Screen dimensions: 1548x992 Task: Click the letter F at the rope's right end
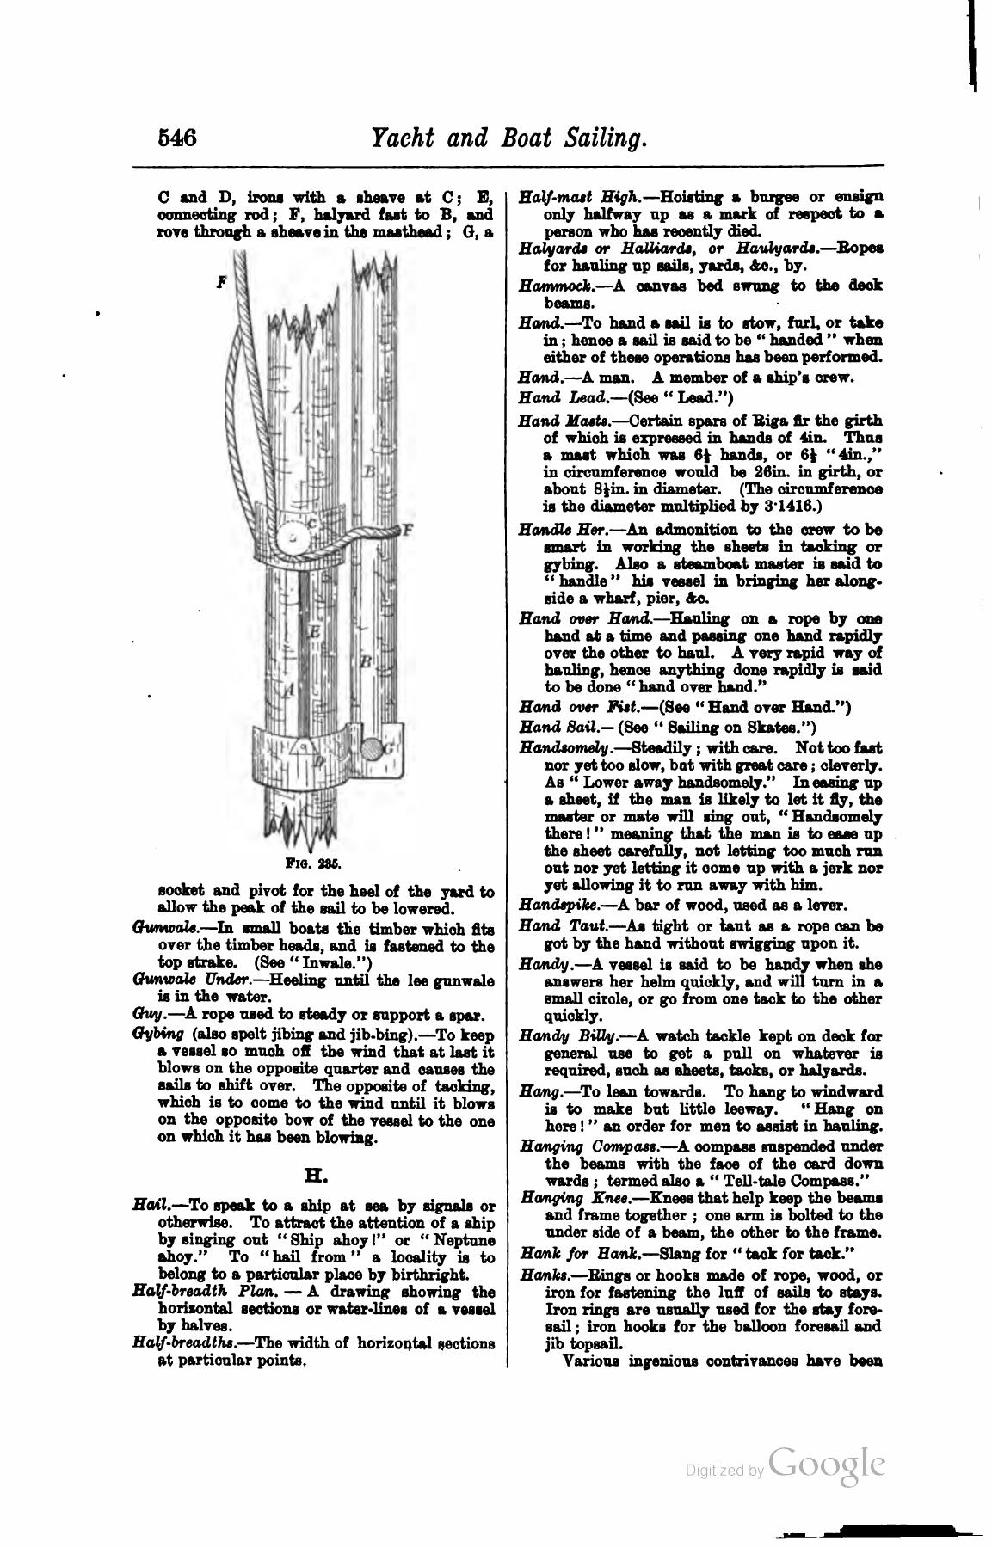coord(408,529)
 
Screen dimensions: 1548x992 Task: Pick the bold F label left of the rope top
coord(221,280)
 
